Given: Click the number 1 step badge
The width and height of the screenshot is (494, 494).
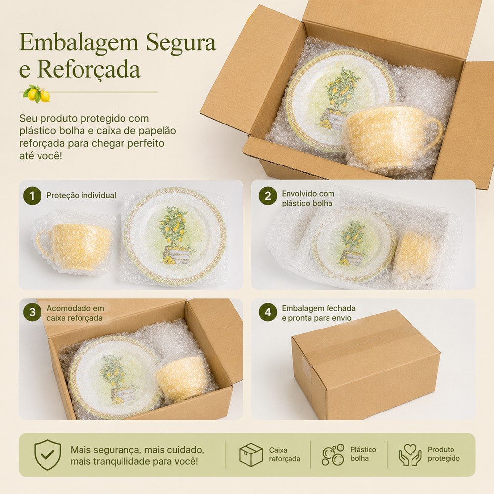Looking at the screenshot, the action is point(32,196).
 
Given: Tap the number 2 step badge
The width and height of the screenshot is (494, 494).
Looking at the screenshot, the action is point(268,196).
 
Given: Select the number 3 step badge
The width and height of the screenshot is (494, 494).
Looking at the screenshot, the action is point(32,312).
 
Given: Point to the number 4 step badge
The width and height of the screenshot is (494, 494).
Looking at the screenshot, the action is point(268,312).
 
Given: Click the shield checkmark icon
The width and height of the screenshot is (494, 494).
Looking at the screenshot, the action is point(47,455).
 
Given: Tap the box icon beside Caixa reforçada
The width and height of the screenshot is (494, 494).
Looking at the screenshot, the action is point(251,454).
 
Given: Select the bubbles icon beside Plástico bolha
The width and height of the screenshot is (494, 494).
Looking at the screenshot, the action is point(333,454).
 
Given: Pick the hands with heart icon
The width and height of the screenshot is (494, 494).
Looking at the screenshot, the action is point(410,454).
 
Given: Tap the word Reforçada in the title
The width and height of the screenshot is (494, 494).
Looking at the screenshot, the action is point(89,69).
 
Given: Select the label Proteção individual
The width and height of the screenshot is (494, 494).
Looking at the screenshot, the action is point(82,195).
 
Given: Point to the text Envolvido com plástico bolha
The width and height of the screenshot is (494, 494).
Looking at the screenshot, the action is point(308,198).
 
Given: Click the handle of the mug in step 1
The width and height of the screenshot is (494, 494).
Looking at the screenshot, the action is point(44,244).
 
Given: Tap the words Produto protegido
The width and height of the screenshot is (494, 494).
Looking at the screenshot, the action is point(444,454).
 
